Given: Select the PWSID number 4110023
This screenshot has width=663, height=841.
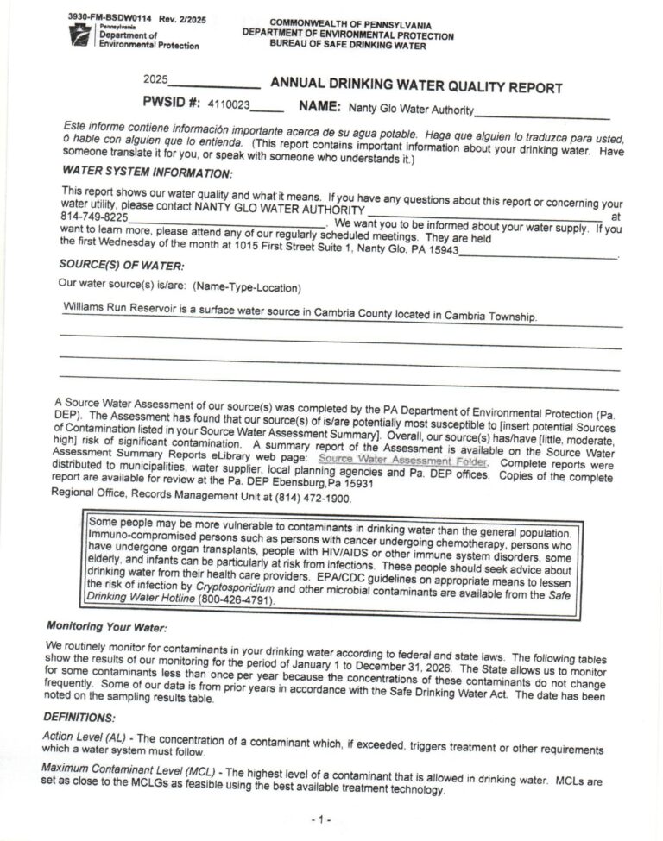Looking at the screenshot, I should click(229, 104).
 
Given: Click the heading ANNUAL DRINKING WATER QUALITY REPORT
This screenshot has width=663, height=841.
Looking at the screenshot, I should click(416, 86).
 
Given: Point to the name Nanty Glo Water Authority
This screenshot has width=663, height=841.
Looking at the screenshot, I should click(411, 110).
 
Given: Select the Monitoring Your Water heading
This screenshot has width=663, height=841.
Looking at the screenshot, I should click(107, 624).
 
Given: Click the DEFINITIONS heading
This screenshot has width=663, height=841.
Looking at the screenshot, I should click(79, 718).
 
